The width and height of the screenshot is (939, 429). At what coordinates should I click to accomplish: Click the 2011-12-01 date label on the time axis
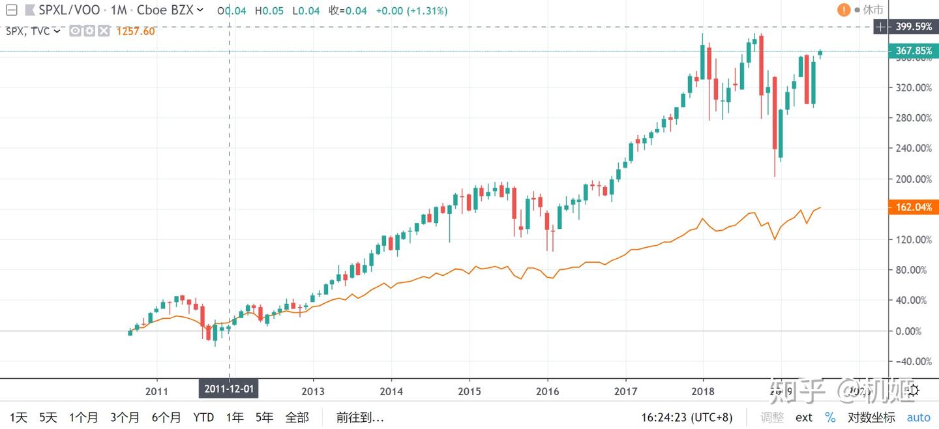click(229, 390)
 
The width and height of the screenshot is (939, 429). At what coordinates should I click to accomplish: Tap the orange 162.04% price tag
click(913, 207)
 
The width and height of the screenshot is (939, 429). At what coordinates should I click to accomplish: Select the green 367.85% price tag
click(913, 51)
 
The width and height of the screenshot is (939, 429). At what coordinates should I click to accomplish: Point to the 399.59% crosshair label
click(914, 27)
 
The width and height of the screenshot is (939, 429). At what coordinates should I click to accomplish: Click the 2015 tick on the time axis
click(469, 391)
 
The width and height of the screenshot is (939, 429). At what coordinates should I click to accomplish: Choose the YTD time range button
click(204, 417)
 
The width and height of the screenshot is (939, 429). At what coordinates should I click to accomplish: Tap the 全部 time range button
click(297, 417)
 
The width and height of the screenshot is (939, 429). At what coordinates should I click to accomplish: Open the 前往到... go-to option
click(360, 417)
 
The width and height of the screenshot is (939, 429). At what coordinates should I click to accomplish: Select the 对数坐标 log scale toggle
click(871, 417)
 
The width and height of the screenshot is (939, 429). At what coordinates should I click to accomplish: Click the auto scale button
click(919, 417)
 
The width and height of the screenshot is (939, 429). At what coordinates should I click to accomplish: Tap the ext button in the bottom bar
click(804, 417)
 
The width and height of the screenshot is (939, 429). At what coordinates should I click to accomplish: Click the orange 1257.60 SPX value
click(135, 31)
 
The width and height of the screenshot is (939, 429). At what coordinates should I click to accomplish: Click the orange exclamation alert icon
click(844, 10)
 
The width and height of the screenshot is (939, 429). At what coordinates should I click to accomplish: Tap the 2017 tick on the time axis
click(625, 391)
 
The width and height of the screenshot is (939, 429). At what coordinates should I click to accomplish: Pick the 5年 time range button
click(264, 417)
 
